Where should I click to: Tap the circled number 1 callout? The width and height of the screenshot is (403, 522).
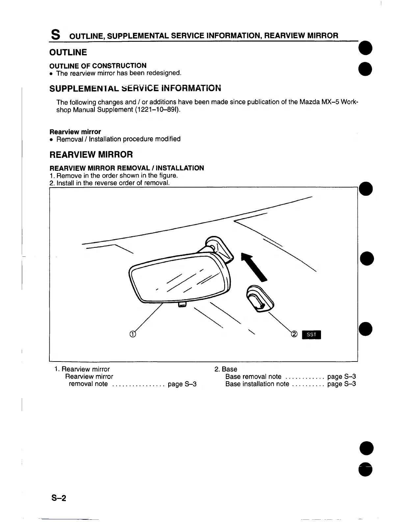click(x=132, y=334)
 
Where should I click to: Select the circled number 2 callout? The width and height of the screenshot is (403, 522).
click(x=294, y=334)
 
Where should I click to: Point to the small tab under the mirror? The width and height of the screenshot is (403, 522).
click(x=182, y=305)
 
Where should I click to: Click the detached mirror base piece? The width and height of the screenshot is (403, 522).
click(x=259, y=298)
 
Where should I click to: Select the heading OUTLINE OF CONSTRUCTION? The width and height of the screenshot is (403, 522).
click(x=97, y=66)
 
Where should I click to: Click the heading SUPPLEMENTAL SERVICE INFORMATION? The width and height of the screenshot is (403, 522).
click(x=135, y=89)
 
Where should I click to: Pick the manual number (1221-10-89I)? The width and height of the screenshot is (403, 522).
click(x=158, y=109)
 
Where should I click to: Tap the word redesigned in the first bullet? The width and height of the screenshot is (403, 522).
click(x=165, y=73)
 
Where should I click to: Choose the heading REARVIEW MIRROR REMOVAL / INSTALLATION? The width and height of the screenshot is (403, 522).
click(x=126, y=168)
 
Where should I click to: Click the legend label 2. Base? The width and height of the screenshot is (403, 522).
click(x=226, y=369)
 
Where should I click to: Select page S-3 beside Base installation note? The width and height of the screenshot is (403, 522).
click(x=341, y=384)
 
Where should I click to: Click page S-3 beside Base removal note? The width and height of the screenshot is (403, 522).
click(x=341, y=377)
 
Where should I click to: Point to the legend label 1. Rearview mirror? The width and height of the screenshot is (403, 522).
click(x=82, y=369)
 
